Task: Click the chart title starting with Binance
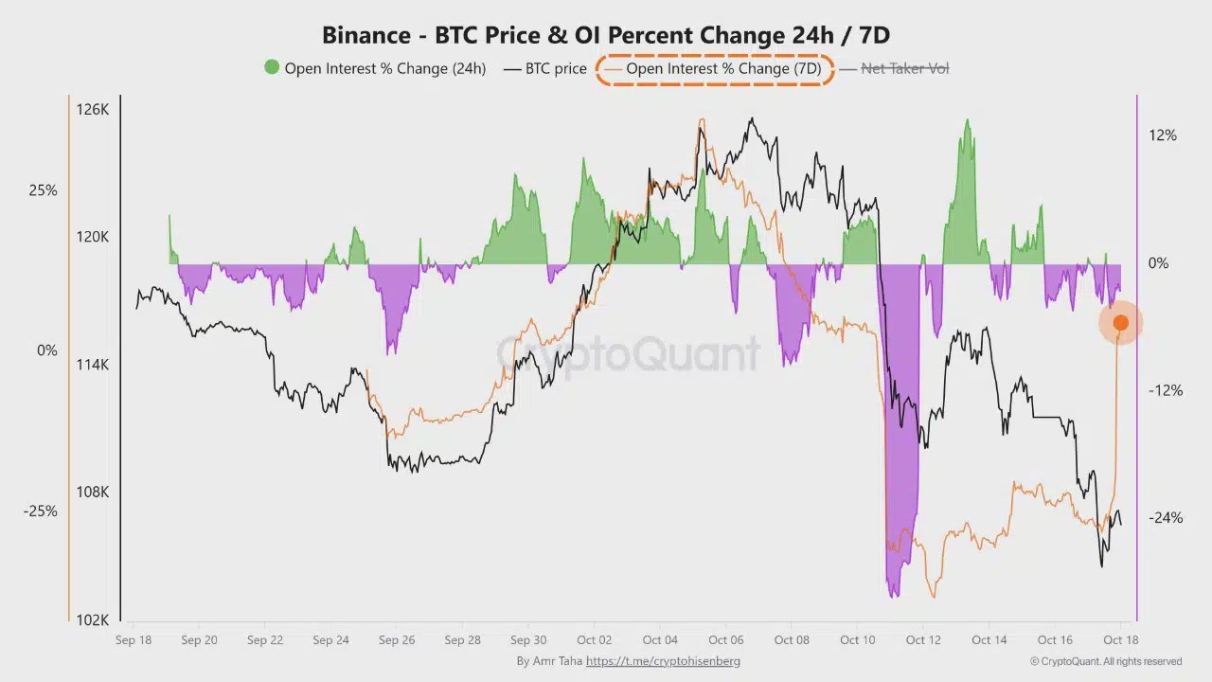tap(606, 35)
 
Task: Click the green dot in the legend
tap(272, 67)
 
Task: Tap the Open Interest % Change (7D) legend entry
tap(722, 68)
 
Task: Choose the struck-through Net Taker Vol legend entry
tap(904, 68)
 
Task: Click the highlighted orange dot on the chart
tap(1120, 324)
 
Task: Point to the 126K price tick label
tap(93, 110)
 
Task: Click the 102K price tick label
tap(93, 620)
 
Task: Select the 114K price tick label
tap(93, 365)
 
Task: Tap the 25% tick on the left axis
tap(43, 190)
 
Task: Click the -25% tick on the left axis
tap(41, 511)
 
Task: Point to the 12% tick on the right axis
tap(1163, 135)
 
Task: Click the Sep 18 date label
tap(133, 640)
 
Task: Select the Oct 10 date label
tap(858, 640)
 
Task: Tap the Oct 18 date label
tap(1121, 640)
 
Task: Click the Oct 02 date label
tap(594, 640)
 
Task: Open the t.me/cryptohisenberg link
tap(663, 661)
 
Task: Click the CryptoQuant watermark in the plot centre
tap(629, 354)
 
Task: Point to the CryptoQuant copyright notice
tap(1106, 661)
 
